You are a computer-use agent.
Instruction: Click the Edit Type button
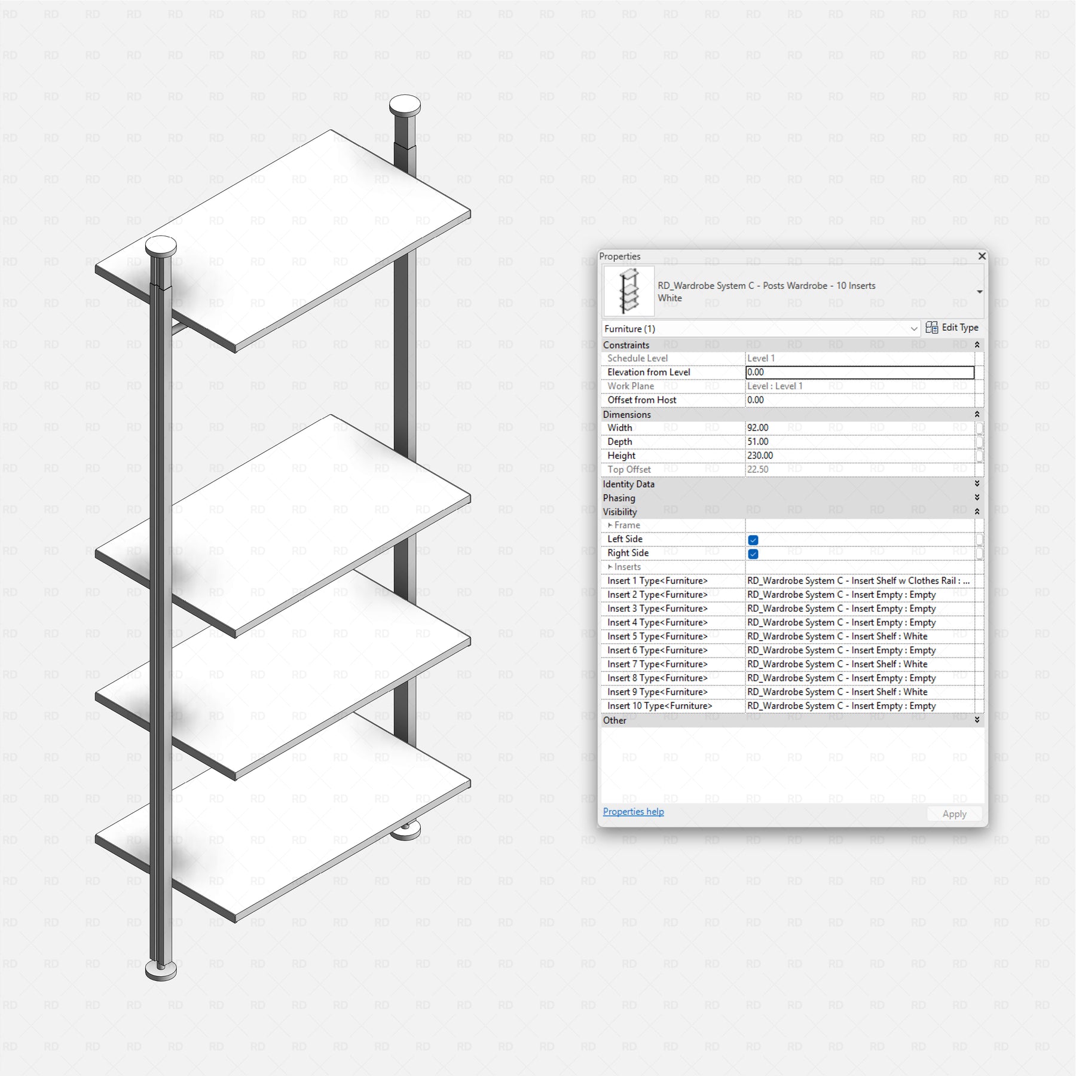tap(952, 328)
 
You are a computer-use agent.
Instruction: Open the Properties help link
tap(633, 811)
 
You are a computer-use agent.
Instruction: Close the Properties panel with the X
tap(982, 256)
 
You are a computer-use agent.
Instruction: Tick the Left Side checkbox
tap(753, 540)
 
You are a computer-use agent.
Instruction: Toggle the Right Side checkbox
tap(753, 554)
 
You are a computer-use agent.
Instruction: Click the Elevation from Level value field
tap(860, 372)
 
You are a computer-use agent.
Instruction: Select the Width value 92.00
tap(758, 427)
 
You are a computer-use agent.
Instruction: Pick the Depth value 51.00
tap(758, 442)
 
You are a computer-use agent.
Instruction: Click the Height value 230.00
tap(760, 456)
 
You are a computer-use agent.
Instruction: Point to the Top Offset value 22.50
tap(758, 469)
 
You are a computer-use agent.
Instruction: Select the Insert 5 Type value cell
tap(860, 636)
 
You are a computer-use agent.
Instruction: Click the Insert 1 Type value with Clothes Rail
tap(860, 580)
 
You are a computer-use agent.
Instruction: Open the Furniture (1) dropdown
tap(760, 329)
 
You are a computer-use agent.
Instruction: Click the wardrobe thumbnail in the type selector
tap(629, 291)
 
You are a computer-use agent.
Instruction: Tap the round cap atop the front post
tap(161, 245)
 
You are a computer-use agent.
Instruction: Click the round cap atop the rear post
tap(405, 106)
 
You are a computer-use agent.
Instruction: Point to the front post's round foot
tap(161, 970)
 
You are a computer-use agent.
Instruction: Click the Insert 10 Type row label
tap(659, 706)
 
